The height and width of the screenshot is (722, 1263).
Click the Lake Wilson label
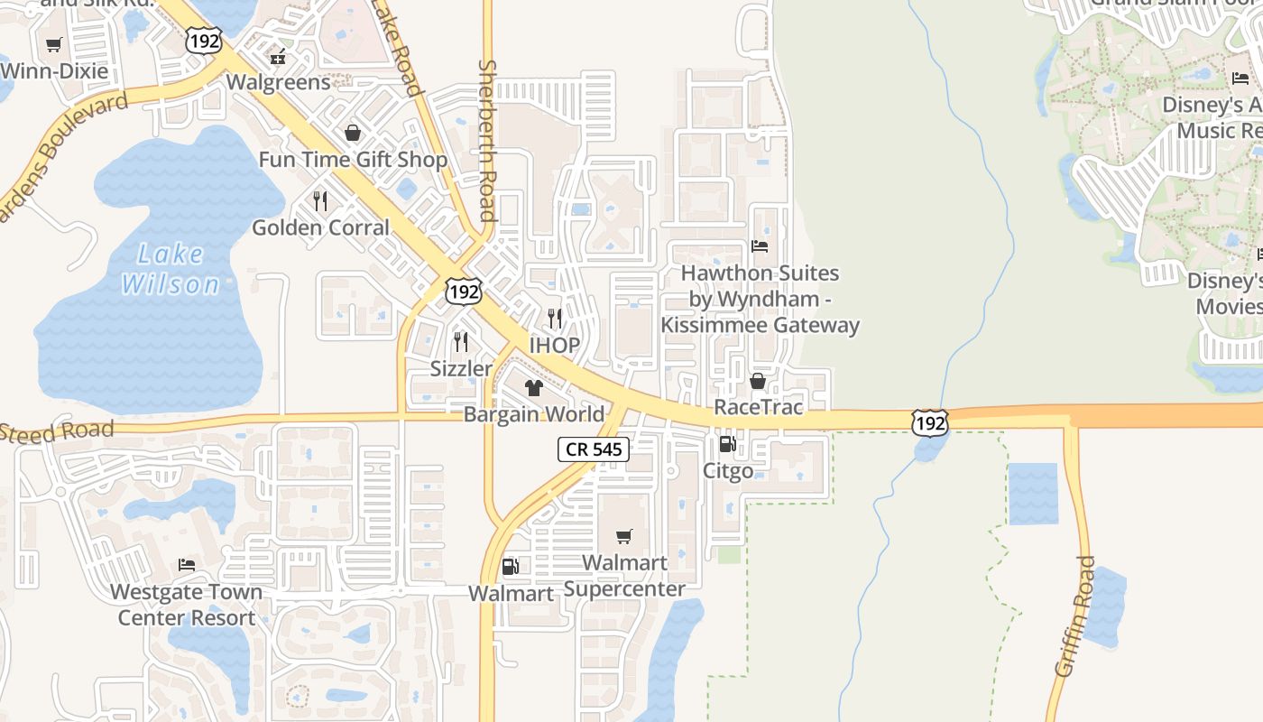click(x=170, y=269)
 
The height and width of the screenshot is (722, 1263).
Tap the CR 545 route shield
click(x=593, y=449)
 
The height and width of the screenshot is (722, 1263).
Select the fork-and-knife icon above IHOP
click(x=555, y=319)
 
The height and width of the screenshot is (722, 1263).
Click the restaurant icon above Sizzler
click(x=461, y=342)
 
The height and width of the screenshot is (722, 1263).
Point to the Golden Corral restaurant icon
click(x=320, y=200)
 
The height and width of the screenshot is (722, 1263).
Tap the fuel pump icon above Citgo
click(x=727, y=444)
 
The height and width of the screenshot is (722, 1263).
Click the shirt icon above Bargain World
click(x=533, y=388)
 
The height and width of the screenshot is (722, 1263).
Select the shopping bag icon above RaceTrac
click(x=758, y=381)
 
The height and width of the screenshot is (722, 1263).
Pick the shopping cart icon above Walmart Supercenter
click(x=624, y=536)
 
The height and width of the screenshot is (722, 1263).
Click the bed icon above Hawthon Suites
click(x=760, y=246)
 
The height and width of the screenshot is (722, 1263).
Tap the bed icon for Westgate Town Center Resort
click(x=187, y=565)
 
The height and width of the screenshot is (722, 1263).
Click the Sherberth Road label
click(x=488, y=140)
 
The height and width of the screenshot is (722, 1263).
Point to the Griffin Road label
click(x=1075, y=616)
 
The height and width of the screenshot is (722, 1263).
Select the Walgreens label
click(x=278, y=82)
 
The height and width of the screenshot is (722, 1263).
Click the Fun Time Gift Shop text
click(x=353, y=160)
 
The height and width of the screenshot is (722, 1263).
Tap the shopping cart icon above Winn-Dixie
click(x=53, y=44)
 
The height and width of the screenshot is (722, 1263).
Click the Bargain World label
click(x=534, y=414)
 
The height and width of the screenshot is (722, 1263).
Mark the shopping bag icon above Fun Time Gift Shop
click(x=352, y=134)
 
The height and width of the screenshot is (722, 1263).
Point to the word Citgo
click(x=727, y=471)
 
